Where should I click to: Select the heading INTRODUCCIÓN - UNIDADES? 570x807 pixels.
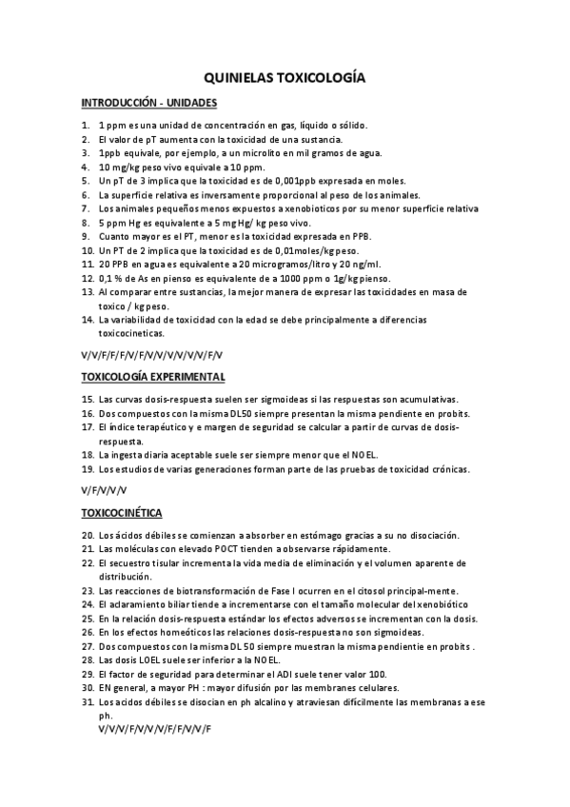(x=149, y=103)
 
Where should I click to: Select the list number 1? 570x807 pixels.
(x=86, y=125)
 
